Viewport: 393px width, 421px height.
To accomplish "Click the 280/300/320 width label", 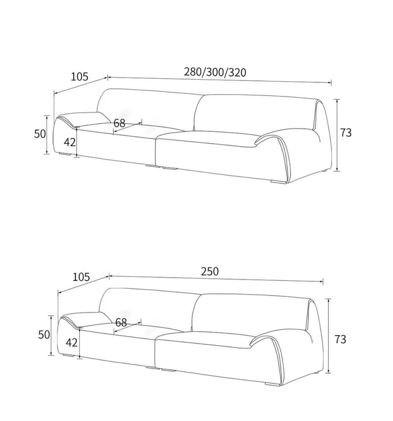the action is (215, 72).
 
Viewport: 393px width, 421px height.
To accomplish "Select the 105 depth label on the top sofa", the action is (79, 77).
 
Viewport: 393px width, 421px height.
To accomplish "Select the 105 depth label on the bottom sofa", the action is (81, 277).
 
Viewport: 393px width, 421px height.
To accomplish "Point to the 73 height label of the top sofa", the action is (346, 133).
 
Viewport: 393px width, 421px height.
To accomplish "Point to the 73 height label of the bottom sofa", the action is (341, 339).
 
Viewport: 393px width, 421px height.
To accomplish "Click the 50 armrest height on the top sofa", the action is (40, 134).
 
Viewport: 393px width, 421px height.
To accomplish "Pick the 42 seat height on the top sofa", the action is (70, 142).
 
